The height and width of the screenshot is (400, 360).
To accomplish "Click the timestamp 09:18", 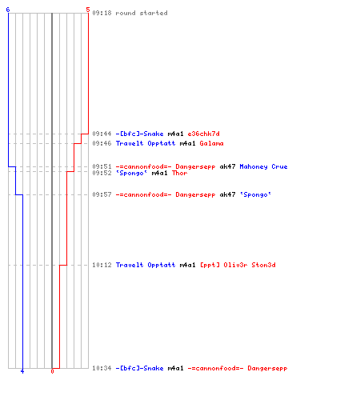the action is tap(102, 13).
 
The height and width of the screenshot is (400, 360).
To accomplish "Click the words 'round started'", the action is tap(142, 13).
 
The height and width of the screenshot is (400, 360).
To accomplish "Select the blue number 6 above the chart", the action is tap(8, 10).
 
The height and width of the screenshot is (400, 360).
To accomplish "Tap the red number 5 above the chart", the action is tap(88, 10).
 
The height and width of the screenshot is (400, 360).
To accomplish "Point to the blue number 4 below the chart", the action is tap(22, 371).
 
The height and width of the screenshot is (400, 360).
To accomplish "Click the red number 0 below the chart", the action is tap(52, 371).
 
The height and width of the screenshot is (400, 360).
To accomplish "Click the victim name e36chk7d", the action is tap(204, 134).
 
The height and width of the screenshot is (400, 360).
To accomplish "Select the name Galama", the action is tap(211, 143).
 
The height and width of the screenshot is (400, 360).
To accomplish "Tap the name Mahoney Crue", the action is tap(263, 166).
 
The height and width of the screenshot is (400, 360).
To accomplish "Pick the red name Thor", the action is tap(179, 173).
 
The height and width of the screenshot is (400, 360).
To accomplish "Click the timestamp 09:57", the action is tap(102, 194).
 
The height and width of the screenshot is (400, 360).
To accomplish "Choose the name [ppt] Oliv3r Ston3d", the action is tap(238, 265).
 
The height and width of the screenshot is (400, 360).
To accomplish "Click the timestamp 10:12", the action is tap(102, 265).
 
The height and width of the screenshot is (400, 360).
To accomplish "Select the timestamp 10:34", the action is tap(102, 368).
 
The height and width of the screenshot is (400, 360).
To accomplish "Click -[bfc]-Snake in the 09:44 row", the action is tap(139, 134).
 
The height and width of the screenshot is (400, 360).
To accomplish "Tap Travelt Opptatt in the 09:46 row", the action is tap(146, 143).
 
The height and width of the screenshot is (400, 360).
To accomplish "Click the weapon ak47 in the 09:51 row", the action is tap(227, 166).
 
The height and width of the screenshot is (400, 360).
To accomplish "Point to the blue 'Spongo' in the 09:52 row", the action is tap(131, 173).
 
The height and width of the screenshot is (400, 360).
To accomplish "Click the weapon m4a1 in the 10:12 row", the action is tap(187, 265).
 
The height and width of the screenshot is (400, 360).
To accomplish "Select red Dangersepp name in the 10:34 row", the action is tap(267, 368).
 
